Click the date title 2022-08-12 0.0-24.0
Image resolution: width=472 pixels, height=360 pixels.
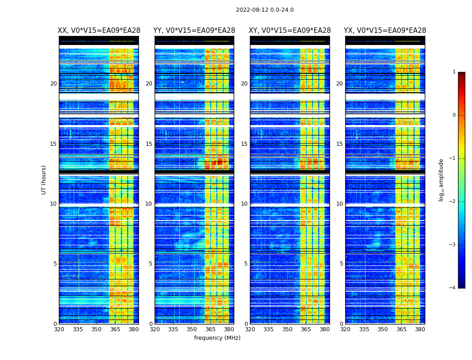click(x=265, y=10)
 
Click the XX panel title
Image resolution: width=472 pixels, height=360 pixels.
click(x=99, y=31)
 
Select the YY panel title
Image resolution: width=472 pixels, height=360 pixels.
click(x=194, y=31)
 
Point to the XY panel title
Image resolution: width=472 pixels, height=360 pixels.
click(x=290, y=31)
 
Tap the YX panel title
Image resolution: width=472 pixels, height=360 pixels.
click(x=385, y=31)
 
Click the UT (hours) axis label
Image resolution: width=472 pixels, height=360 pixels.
click(x=44, y=180)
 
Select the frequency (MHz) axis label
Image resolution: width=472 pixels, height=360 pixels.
click(x=217, y=338)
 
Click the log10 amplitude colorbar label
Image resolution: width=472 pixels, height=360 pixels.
click(x=441, y=180)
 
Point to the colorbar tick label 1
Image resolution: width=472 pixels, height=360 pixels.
click(x=454, y=72)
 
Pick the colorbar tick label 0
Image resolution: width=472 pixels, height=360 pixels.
click(x=454, y=115)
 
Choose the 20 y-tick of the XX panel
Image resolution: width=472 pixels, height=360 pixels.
click(x=53, y=84)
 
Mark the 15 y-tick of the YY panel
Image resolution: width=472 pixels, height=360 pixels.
click(x=149, y=144)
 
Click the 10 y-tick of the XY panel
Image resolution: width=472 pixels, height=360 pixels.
click(x=244, y=204)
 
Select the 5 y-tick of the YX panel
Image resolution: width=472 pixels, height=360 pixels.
click(x=341, y=264)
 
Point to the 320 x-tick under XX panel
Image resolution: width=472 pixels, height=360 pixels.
click(x=59, y=329)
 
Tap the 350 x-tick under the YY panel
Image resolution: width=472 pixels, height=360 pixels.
click(x=192, y=329)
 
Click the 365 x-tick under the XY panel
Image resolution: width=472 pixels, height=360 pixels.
click(x=306, y=329)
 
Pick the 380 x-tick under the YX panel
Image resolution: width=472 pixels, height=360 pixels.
click(x=420, y=329)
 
